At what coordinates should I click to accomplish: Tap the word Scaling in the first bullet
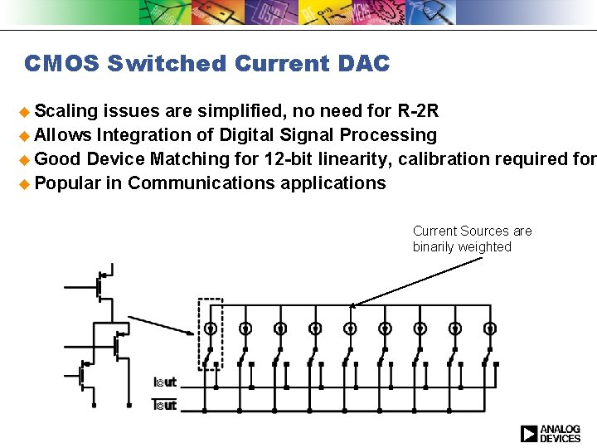[66, 110]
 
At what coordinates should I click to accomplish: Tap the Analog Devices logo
[551, 433]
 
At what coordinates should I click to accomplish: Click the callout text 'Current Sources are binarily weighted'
[472, 239]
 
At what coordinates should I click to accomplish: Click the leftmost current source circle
[211, 329]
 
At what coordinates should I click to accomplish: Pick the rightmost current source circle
[490, 329]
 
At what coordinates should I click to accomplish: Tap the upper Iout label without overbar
[166, 382]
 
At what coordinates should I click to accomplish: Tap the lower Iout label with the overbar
[166, 404]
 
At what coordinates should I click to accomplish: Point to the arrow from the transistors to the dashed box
[161, 325]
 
